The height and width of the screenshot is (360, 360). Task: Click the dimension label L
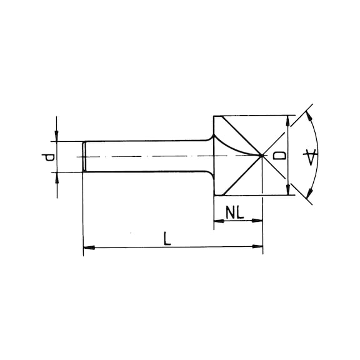point(167,239)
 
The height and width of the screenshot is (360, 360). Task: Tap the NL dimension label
point(234,212)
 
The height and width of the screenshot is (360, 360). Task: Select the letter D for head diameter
point(280,156)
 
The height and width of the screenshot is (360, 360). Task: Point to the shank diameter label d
point(47,157)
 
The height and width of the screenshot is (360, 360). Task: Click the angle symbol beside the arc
point(310,157)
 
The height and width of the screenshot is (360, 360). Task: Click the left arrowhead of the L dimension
point(89,247)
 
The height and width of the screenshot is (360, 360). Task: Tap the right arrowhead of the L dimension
point(257,247)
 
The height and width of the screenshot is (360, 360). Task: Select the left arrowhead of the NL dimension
point(219,221)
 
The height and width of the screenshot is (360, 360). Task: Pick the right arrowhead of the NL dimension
point(257,221)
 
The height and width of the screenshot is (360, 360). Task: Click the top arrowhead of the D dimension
point(287,121)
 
